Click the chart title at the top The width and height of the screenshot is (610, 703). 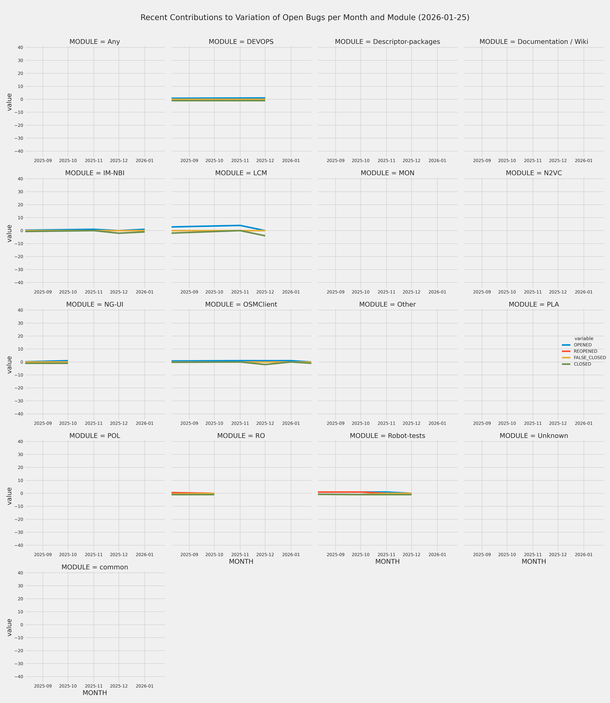(305, 18)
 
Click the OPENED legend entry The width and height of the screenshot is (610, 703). (582, 345)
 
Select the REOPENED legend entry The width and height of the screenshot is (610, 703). (585, 351)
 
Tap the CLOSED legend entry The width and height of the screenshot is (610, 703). (582, 364)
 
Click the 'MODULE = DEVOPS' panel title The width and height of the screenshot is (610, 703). (241, 42)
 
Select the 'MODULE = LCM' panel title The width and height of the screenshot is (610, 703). (241, 173)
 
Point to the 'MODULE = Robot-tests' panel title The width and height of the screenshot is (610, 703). (387, 436)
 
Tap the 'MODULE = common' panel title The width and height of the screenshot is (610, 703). (95, 567)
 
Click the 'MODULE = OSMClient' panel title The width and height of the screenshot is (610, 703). (241, 305)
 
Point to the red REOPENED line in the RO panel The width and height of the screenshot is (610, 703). (184, 493)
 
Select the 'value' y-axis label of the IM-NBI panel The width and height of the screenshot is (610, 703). (10, 234)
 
